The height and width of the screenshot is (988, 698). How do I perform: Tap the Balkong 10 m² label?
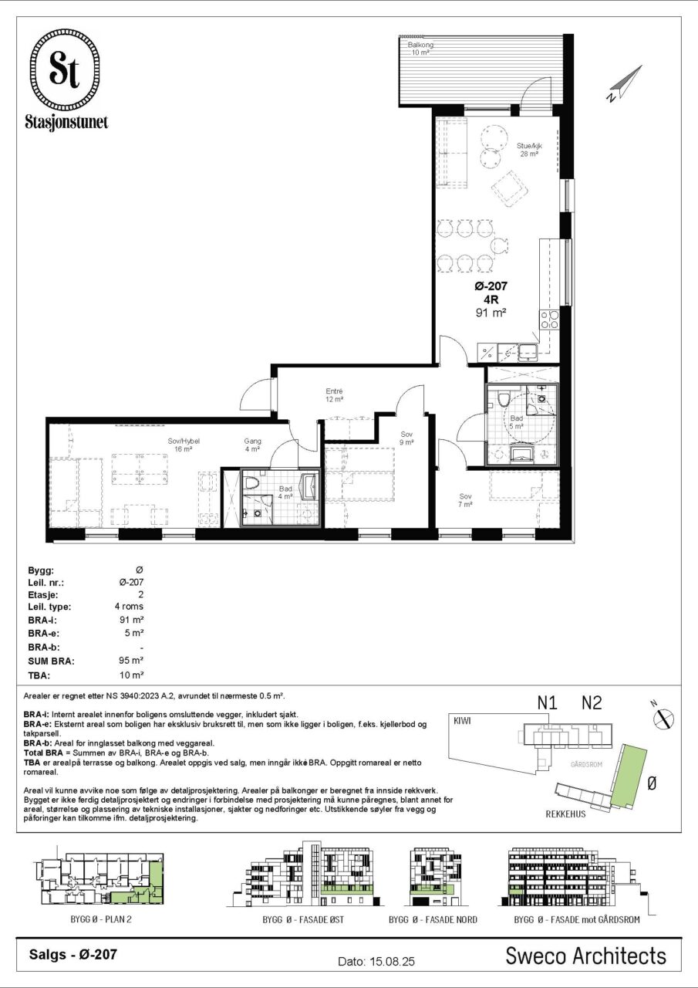(x=420, y=49)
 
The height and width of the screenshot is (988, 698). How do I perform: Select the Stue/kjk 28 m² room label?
(x=529, y=150)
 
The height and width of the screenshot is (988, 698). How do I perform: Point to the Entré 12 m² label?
(x=334, y=395)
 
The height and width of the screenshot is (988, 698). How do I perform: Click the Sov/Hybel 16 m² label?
(x=184, y=445)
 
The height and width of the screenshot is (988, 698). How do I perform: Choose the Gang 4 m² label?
(x=252, y=445)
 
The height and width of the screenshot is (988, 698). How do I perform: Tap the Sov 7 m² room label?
(x=465, y=501)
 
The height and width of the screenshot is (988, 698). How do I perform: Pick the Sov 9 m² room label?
(x=406, y=438)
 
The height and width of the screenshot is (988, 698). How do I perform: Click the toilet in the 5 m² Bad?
(x=503, y=400)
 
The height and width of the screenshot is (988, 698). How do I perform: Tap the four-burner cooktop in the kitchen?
(x=549, y=320)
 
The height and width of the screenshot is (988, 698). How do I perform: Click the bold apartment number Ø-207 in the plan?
(x=491, y=286)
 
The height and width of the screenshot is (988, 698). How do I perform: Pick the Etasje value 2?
(x=140, y=594)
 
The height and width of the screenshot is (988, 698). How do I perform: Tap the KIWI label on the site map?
(x=462, y=721)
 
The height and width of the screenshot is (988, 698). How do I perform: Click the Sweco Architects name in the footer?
(x=585, y=956)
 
